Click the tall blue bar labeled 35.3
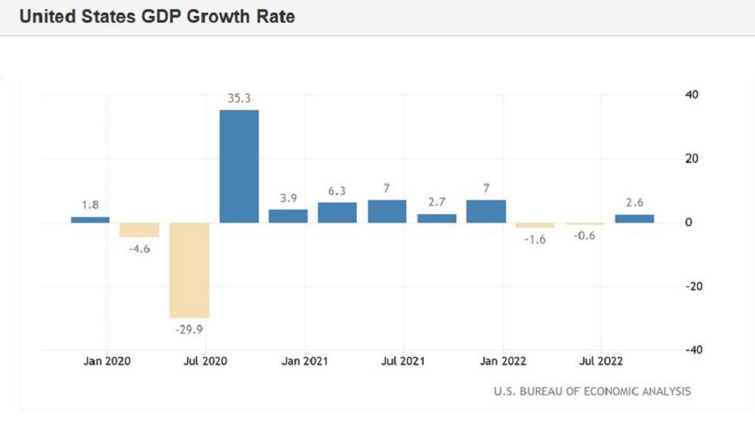pos(239,166)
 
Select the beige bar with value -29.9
pos(189,270)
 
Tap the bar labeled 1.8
pos(90,219)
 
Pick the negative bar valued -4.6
pos(139,230)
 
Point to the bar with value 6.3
pos(337,212)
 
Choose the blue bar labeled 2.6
pos(634,218)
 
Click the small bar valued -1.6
pos(535,225)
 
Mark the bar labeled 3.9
pos(288,216)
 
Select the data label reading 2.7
pos(436,202)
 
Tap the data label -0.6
pos(585,235)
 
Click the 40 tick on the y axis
pos(692,94)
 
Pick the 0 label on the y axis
pos(689,223)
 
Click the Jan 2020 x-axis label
pos(107,361)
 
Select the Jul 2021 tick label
pos(403,361)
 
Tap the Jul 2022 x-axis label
pos(601,361)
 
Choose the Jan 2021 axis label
pos(305,361)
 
